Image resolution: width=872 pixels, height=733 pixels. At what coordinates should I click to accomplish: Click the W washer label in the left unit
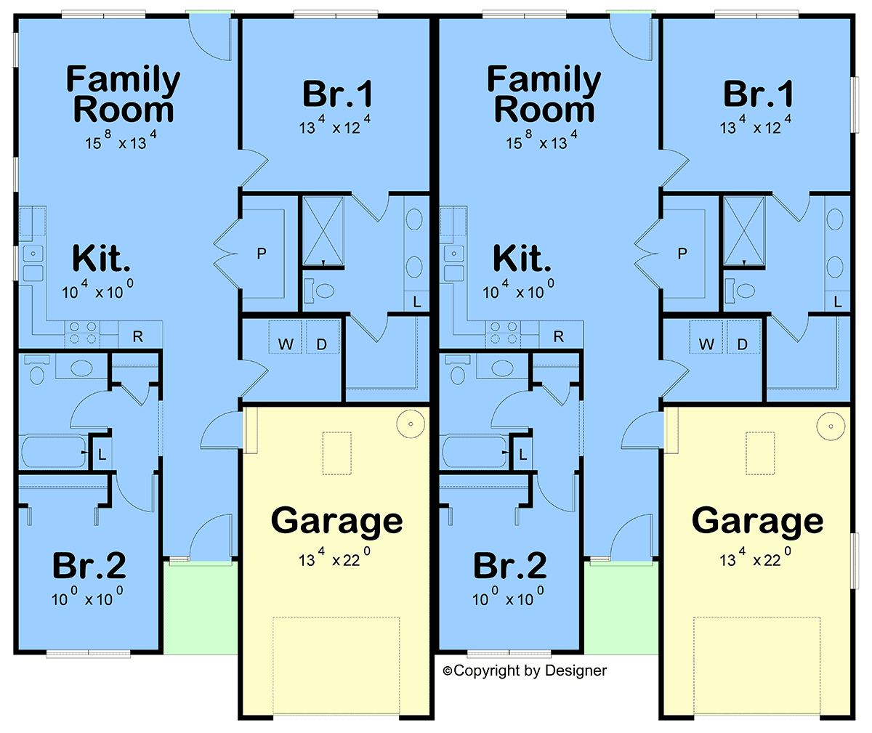[286, 344]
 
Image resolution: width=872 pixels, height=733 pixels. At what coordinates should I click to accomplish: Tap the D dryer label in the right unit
[743, 344]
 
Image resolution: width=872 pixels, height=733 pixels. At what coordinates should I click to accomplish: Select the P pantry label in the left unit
[262, 254]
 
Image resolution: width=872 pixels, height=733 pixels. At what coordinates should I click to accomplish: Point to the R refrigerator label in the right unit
[558, 336]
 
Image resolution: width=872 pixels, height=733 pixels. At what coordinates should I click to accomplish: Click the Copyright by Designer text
[525, 671]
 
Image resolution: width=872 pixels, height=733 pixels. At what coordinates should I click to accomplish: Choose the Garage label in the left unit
[336, 521]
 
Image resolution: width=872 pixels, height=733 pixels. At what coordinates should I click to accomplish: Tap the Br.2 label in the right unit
[509, 566]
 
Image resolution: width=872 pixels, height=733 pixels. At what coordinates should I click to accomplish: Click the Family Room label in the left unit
[124, 95]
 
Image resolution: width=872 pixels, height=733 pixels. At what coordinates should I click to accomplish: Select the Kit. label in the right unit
[522, 259]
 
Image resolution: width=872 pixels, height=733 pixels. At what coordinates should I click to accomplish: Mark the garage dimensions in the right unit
[756, 559]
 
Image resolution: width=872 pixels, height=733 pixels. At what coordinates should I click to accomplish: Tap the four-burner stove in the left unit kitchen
[82, 333]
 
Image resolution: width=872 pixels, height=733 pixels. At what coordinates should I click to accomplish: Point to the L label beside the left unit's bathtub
[102, 455]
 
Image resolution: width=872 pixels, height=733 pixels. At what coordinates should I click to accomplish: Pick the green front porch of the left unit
[199, 607]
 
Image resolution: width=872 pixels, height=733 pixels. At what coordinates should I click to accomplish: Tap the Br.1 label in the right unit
[758, 94]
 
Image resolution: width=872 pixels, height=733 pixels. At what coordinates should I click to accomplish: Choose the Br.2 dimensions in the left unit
[87, 599]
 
